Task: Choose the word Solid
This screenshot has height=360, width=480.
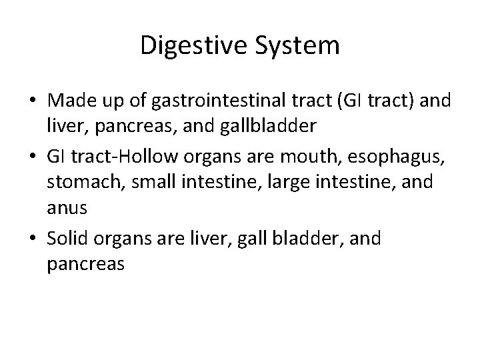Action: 71,239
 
